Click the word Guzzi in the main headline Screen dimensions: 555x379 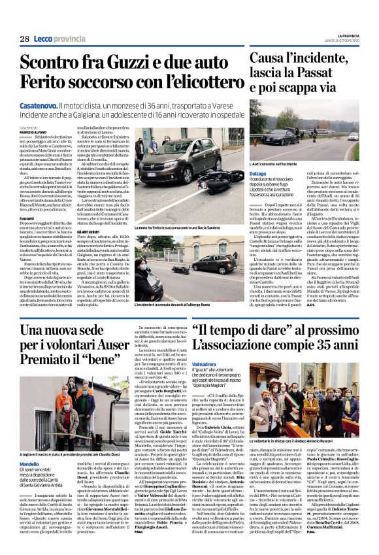[116, 63]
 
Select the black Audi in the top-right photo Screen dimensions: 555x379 [266, 137]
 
